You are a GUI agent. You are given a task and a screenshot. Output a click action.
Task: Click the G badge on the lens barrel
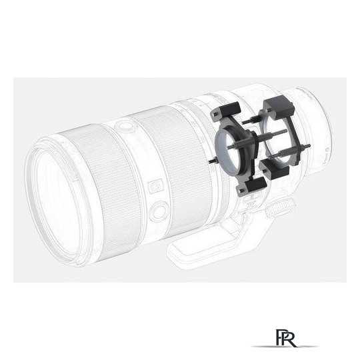(155, 186)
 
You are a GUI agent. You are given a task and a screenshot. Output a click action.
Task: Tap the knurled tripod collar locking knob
(281, 207)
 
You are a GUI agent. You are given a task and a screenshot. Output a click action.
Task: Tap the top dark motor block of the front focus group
(226, 111)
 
